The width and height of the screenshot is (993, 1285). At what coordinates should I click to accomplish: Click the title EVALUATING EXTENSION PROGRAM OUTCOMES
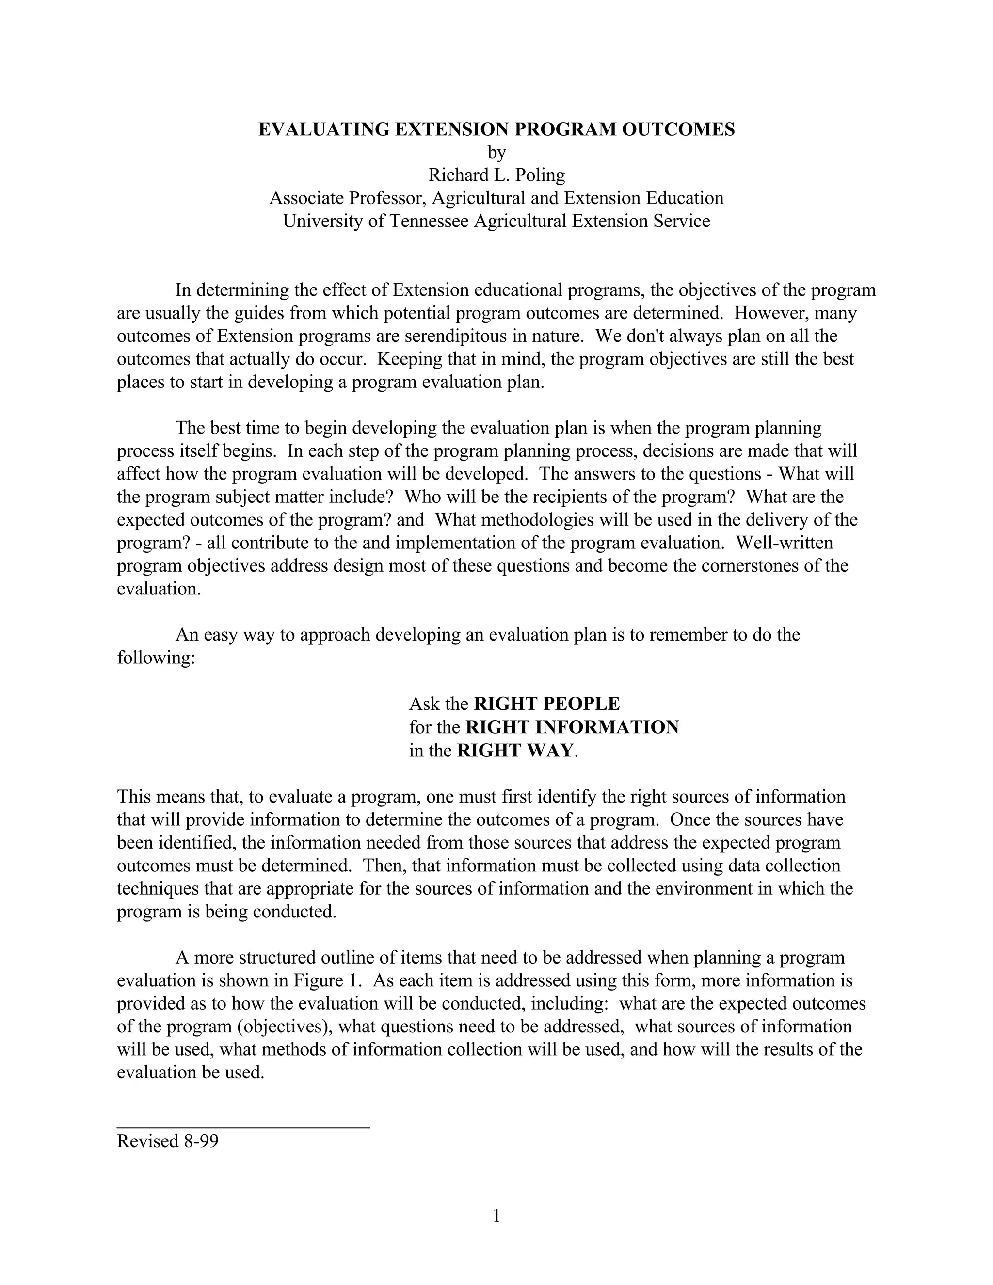click(x=496, y=129)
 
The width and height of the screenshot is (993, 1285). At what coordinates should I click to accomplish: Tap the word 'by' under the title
click(x=496, y=152)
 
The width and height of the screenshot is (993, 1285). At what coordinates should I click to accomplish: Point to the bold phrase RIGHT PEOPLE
click(x=546, y=704)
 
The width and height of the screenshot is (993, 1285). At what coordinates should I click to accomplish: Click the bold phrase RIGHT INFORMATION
click(x=572, y=727)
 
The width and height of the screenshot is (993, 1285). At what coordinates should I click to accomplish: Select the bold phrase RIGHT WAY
click(x=515, y=751)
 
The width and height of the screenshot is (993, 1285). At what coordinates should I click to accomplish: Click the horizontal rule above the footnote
click(x=243, y=1127)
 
